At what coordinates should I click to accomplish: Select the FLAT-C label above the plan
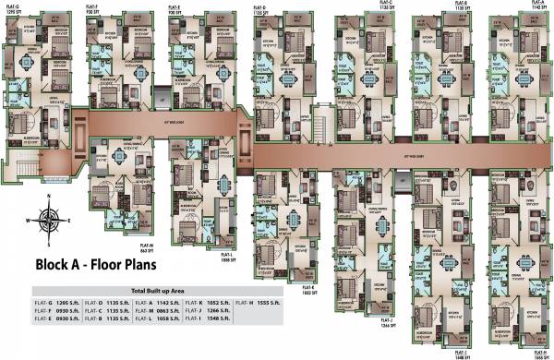[385, 5]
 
